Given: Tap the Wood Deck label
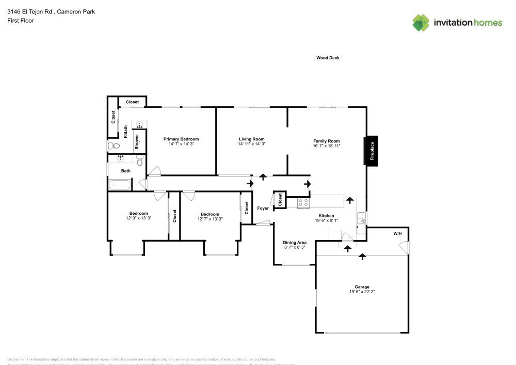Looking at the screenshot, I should pos(328,58).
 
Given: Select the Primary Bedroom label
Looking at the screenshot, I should pos(181,139).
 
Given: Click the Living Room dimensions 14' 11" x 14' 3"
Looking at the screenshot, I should pos(251,144).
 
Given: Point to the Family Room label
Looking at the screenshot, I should pos(326,141).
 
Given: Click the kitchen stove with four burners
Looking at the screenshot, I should pos(303,203).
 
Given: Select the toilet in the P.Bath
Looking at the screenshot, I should pos(114,146).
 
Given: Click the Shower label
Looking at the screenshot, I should pos(137,141).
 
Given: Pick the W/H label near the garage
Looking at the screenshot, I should pos(397,234).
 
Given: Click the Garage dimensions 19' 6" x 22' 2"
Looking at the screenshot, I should pos(362,292).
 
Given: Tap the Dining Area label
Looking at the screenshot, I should pos(295,242).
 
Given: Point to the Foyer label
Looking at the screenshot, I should pos(263,208).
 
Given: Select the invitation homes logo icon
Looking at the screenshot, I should pos(421,22).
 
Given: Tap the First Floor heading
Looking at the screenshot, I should pos(21,21).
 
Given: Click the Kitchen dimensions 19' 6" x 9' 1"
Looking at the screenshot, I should pos(326,220).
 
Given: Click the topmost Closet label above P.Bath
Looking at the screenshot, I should pos(132,102).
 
